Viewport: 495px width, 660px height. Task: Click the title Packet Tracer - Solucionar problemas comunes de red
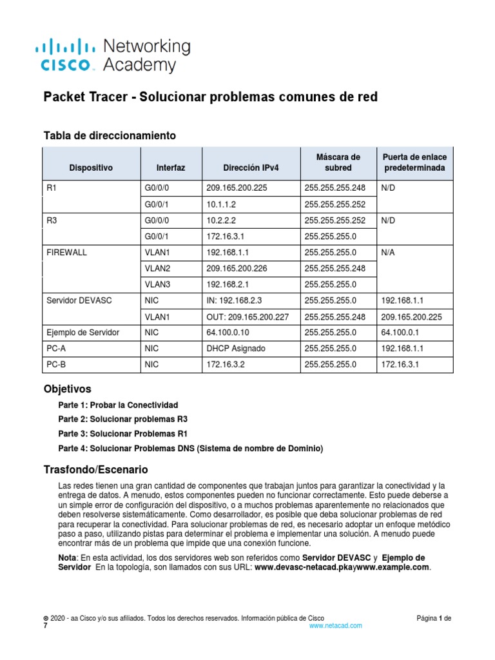[210, 97]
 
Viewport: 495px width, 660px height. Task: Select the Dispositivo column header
[91, 168]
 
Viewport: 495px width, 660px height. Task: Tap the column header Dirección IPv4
[251, 168]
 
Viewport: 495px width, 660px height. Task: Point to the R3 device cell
[52, 221]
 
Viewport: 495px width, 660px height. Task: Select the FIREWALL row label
[68, 253]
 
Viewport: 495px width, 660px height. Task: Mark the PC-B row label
[57, 364]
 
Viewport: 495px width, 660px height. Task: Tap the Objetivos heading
[67, 389]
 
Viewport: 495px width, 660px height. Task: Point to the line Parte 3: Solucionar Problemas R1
[121, 433]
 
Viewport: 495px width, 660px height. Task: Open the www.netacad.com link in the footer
[336, 625]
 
